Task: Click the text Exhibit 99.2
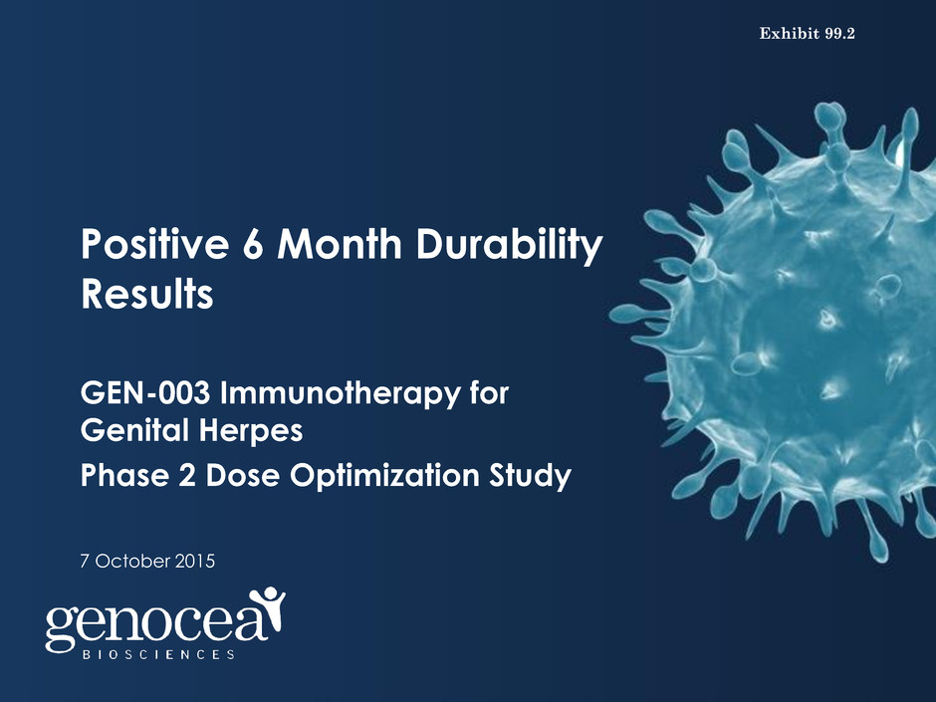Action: click(x=808, y=34)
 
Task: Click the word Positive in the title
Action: click(x=154, y=244)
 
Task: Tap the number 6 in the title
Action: click(x=253, y=244)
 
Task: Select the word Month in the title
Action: click(x=340, y=244)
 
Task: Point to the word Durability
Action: click(x=509, y=245)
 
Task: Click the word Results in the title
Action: click(x=146, y=294)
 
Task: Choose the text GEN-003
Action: click(x=145, y=392)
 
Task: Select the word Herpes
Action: click(x=251, y=431)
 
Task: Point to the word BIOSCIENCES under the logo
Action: click(x=158, y=655)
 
